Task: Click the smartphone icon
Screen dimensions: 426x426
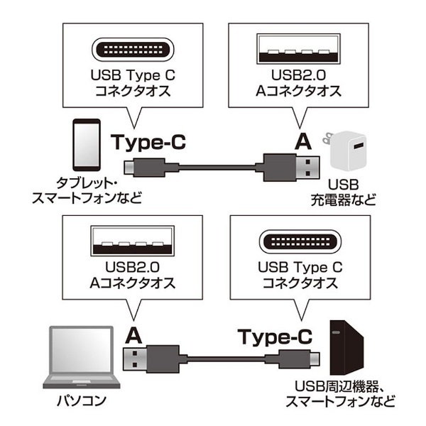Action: coord(87,145)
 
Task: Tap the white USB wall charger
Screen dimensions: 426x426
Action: coord(345,151)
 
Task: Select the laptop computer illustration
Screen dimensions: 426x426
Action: coord(82,357)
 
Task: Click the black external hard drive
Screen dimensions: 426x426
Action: coord(346,348)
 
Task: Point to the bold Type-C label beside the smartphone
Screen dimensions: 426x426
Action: coord(148,142)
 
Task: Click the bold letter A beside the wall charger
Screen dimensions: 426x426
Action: coord(303,142)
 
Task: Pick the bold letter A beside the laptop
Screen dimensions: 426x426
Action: coord(133,336)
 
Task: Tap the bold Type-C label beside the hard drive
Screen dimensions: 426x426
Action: coord(275,337)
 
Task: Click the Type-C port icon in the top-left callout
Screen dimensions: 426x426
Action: coord(133,50)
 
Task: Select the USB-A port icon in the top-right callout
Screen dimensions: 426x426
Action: coord(299,49)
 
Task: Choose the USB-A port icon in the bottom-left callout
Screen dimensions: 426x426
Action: coord(133,241)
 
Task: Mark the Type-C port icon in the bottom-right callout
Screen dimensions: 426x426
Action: coord(300,242)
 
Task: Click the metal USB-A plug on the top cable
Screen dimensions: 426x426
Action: coord(307,168)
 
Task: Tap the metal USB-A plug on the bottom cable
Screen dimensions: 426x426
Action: coord(135,359)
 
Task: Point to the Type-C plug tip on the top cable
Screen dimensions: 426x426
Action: coord(129,168)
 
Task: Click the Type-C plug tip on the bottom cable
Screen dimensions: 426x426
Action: coord(315,359)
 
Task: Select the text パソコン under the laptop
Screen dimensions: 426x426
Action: coord(81,400)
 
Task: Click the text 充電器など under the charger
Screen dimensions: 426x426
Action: coord(344,200)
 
